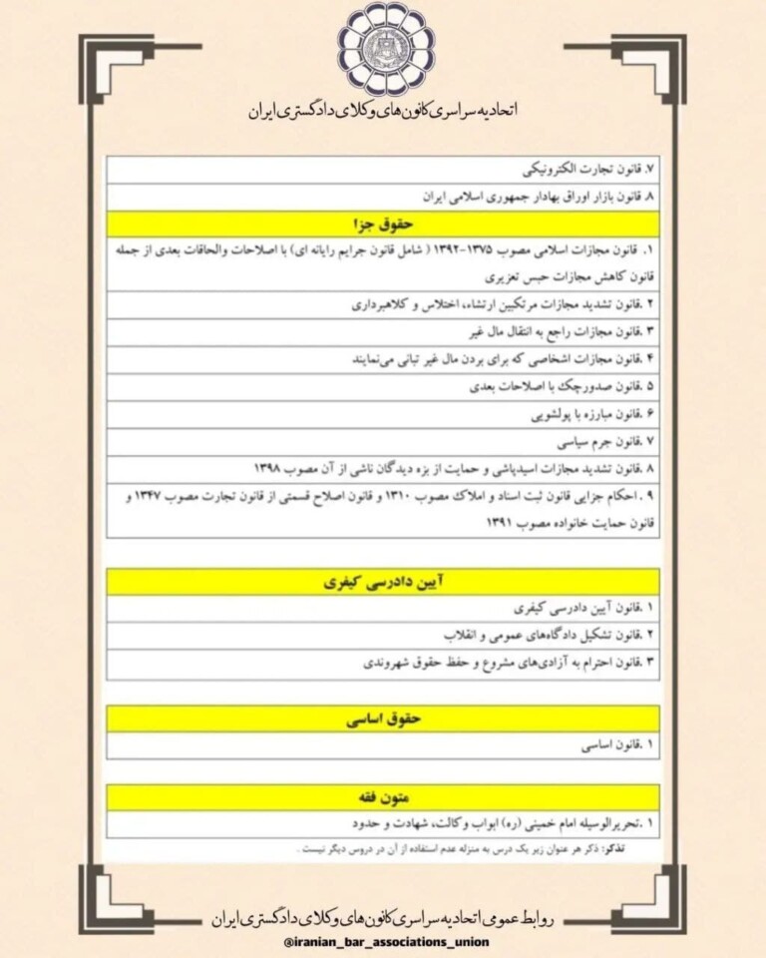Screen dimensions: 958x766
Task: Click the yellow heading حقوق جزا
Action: (383, 223)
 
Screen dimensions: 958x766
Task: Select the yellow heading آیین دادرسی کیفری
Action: (383, 582)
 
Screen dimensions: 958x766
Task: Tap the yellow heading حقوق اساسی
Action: (383, 718)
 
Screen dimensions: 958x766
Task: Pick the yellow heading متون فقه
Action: (383, 797)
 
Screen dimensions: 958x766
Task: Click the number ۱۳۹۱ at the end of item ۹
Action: (506, 522)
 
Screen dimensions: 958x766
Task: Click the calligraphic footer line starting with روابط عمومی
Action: (383, 917)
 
